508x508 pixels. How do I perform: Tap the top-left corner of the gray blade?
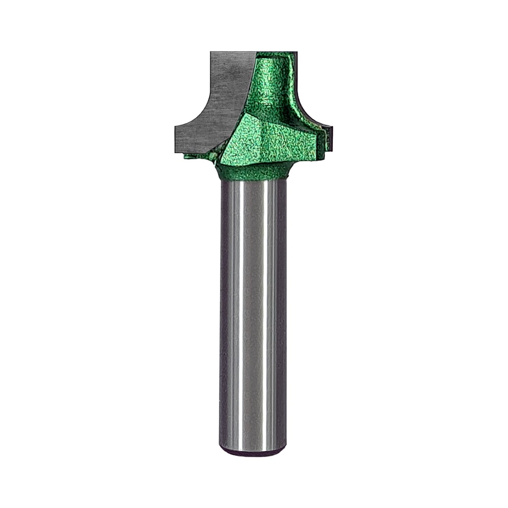point(211,53)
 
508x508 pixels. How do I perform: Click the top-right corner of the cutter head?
point(296,53)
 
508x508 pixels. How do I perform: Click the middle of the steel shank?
point(253,315)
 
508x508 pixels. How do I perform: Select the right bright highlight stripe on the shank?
point(270,315)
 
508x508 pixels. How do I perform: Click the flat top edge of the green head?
point(277,52)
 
